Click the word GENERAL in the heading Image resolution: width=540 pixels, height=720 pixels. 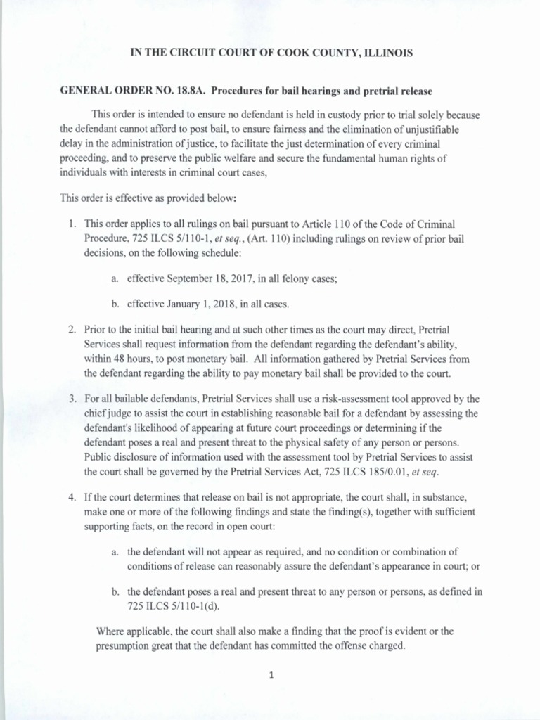click(x=84, y=91)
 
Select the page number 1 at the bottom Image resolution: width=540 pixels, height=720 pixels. click(x=270, y=676)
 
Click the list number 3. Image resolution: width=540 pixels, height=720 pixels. click(x=72, y=399)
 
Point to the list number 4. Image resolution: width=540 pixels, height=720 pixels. click(x=72, y=497)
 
